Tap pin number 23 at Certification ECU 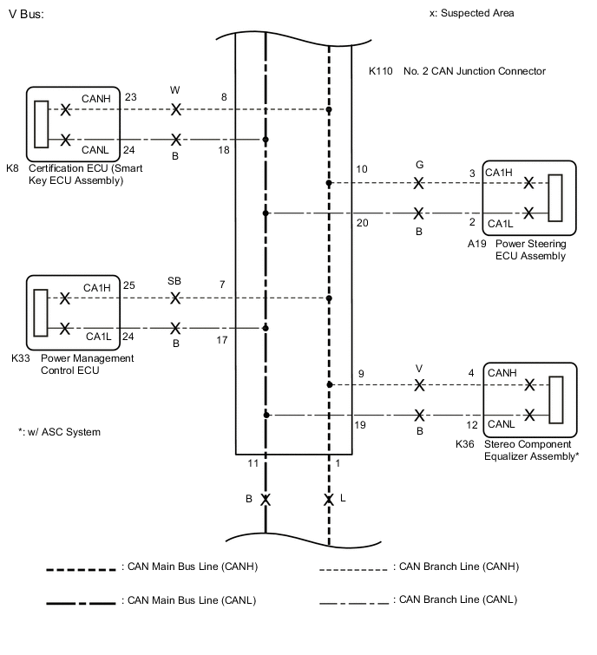131,97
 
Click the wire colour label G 419,164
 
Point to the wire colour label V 419,366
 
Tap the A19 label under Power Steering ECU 478,244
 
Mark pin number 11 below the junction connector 253,464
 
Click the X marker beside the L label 329,501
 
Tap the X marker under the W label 176,110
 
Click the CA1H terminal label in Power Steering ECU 499,173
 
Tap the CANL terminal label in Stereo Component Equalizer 501,424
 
